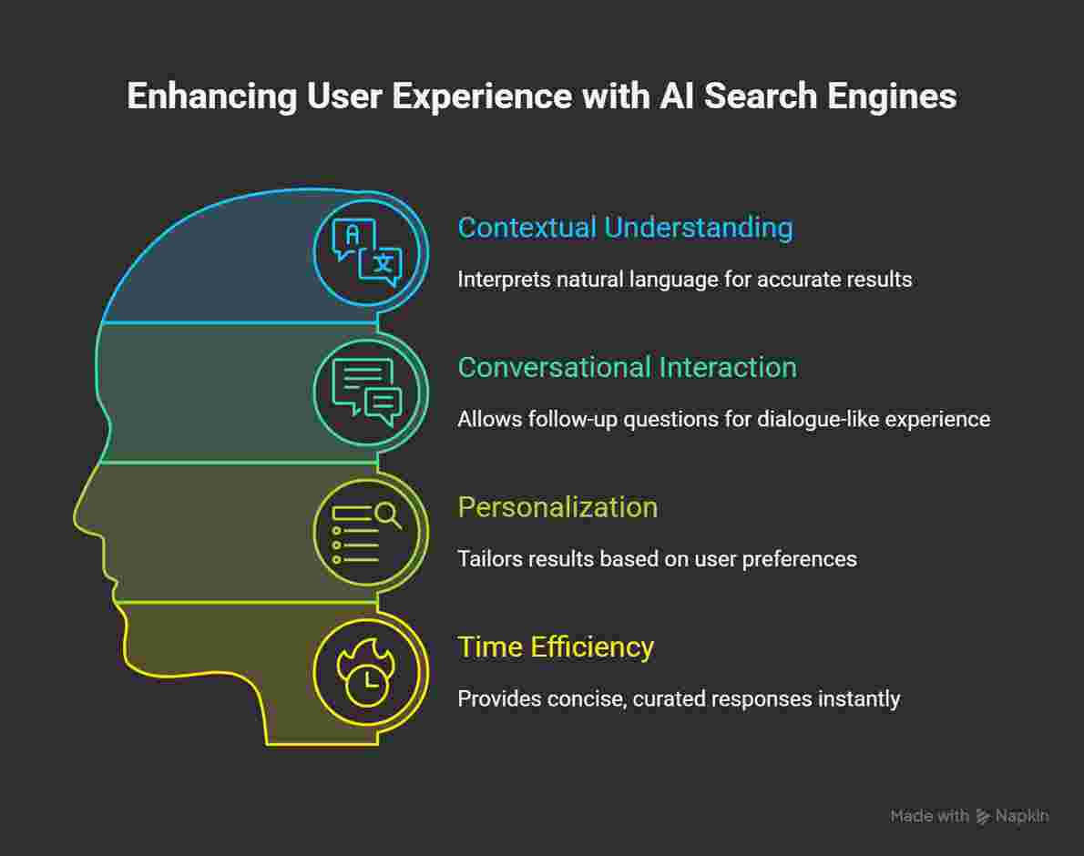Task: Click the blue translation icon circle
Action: (x=367, y=253)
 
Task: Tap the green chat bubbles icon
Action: (x=367, y=392)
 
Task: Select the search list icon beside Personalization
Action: (x=367, y=533)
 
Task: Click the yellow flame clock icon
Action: (x=367, y=673)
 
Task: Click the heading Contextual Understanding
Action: (x=625, y=228)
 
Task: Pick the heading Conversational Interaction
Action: (x=627, y=367)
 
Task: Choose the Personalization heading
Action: (x=557, y=507)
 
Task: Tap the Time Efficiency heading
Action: (x=556, y=647)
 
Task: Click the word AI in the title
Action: (x=679, y=97)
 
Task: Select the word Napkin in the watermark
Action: (x=1022, y=816)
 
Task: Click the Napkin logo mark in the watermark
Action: (x=983, y=816)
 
